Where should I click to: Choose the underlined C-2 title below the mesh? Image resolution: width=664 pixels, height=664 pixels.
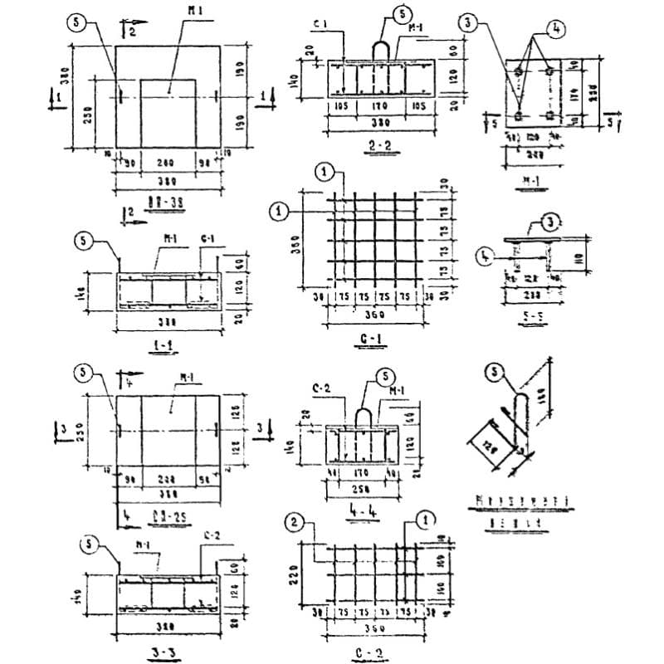[x=362, y=652]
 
